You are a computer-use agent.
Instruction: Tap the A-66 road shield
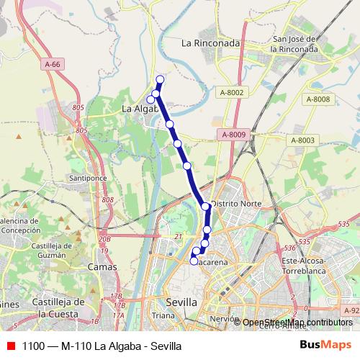tap(52, 65)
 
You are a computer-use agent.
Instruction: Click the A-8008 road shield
tap(318, 99)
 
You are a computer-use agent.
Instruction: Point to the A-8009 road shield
tap(233, 135)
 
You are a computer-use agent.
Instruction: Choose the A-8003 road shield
tap(303, 140)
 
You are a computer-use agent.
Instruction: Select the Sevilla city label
tap(180, 302)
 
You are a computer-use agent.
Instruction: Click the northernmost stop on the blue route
tap(160, 79)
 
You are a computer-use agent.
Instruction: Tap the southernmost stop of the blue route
tap(194, 261)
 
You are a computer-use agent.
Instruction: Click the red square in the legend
tap(10, 346)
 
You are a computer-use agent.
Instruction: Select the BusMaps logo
tap(325, 346)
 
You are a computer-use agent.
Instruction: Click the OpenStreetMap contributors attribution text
tap(297, 323)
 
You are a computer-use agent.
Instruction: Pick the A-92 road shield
tap(351, 310)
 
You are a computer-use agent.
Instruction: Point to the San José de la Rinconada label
tap(294, 44)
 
